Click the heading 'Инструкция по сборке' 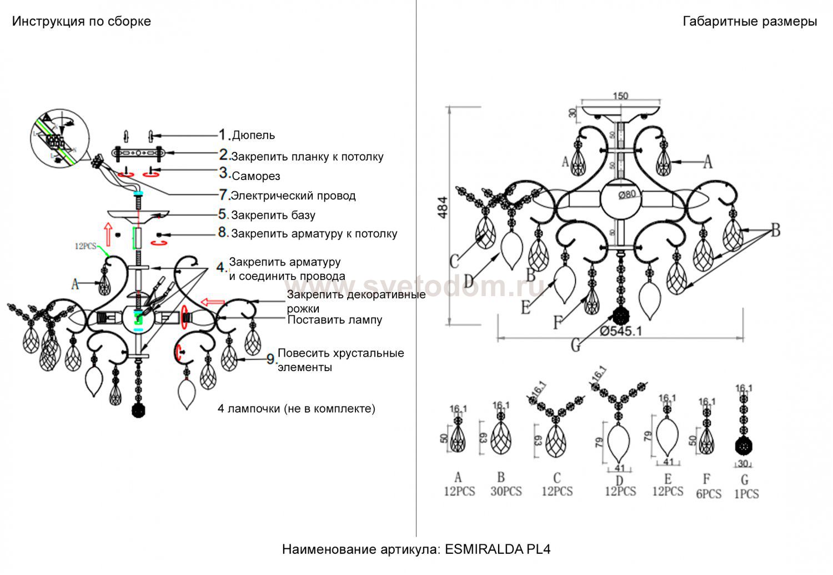[x=81, y=22]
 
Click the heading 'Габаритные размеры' [x=749, y=22]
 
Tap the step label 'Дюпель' [x=253, y=135]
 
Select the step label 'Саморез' [x=256, y=176]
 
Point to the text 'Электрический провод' [x=293, y=196]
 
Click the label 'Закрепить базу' [x=273, y=215]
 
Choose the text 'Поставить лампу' [x=334, y=320]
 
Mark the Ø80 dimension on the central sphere [x=627, y=194]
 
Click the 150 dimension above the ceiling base [x=620, y=96]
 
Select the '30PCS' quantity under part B [x=506, y=492]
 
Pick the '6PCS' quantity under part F [x=708, y=494]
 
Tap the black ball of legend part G [x=744, y=446]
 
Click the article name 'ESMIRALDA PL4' [x=498, y=549]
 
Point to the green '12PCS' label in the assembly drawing [x=86, y=246]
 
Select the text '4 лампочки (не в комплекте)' [x=297, y=409]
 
